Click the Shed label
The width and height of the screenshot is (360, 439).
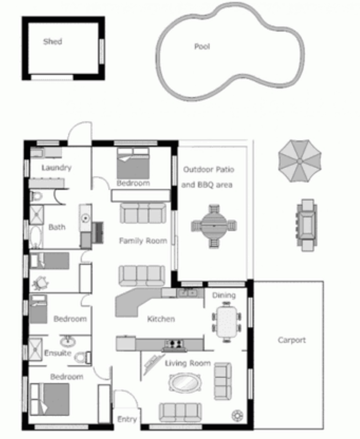coord(53,42)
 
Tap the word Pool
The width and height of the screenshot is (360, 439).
coord(202,46)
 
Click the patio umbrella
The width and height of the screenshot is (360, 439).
coord(300,161)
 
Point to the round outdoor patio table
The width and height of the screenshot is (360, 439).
coord(214,226)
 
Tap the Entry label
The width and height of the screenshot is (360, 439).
coord(127,419)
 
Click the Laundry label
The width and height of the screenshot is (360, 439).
coord(56,168)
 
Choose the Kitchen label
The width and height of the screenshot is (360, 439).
coord(161,319)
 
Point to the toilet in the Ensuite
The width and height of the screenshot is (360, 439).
coord(83,358)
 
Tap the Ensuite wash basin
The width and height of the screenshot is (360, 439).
coord(68,341)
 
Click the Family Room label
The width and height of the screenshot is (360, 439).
coord(143,241)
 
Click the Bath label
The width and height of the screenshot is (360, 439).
coord(57,227)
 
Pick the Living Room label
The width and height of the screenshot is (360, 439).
coord(188,364)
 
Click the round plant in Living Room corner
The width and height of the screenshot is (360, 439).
coord(237,415)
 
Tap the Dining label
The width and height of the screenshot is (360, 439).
coord(224,295)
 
